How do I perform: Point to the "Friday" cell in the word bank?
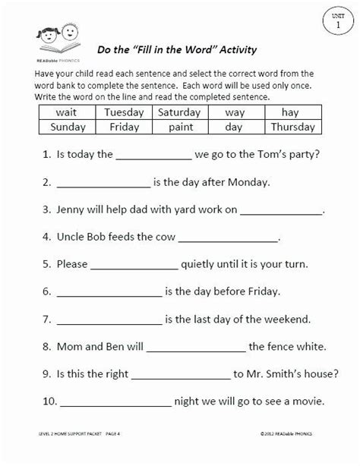[x=124, y=127]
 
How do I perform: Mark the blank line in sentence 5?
[x=134, y=267]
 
